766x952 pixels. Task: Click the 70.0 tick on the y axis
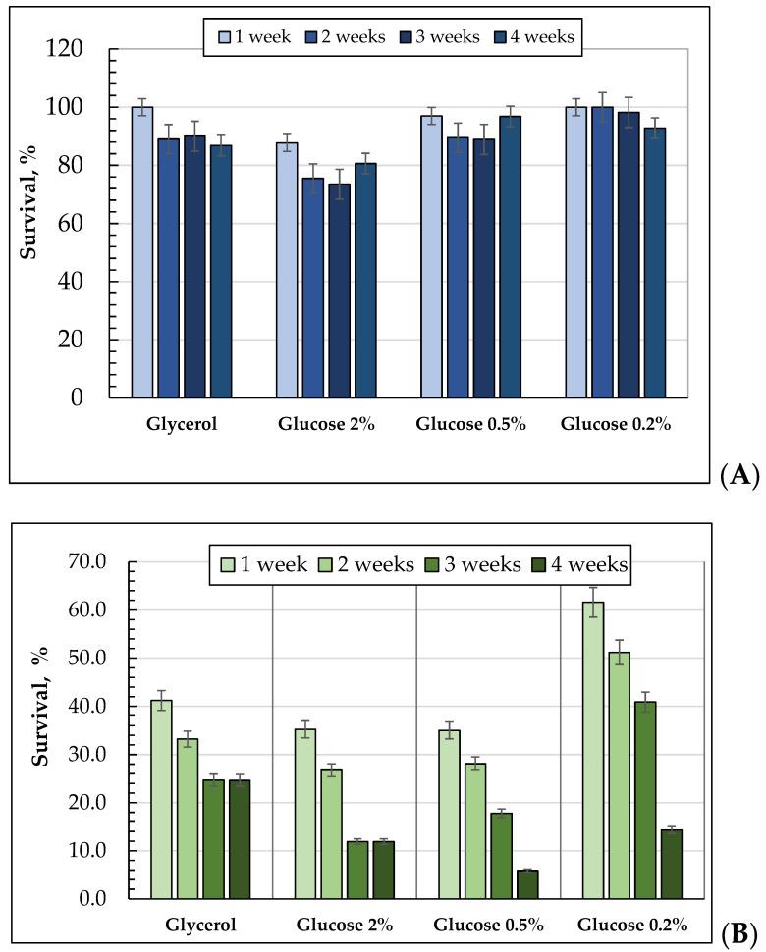tap(107, 562)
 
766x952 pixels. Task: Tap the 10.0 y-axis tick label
tap(107, 851)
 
